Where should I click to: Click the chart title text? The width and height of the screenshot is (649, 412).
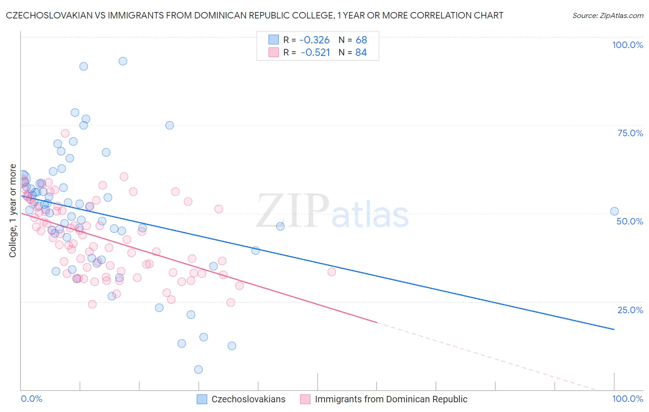(254, 15)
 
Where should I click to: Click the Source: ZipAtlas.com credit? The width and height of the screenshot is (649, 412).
(607, 16)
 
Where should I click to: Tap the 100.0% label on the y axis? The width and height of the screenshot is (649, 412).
(627, 45)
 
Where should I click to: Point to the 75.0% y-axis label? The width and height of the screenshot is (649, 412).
(630, 133)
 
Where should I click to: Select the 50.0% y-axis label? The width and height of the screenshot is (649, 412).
(630, 221)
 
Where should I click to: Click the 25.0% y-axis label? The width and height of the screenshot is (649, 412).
(630, 310)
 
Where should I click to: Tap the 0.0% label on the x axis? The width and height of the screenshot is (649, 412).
(31, 399)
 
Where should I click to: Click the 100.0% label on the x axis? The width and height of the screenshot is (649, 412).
(627, 399)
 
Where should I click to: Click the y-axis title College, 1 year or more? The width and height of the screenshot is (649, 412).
(13, 211)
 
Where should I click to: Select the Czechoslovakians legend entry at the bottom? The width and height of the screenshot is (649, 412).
(248, 399)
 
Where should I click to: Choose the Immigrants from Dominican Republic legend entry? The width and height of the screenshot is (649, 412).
(391, 399)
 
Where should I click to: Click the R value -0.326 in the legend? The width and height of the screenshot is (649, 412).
(314, 40)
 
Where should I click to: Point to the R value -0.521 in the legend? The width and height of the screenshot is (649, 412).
(315, 53)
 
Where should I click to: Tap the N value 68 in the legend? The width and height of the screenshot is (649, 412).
(361, 40)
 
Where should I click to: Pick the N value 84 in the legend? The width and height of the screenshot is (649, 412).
(361, 53)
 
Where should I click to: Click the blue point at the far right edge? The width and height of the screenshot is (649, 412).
(614, 212)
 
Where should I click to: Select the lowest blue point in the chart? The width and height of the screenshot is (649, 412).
(198, 370)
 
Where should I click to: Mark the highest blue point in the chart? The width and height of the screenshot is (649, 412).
(123, 61)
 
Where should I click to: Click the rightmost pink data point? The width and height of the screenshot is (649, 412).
(331, 272)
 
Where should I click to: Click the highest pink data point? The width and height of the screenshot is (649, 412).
(65, 133)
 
